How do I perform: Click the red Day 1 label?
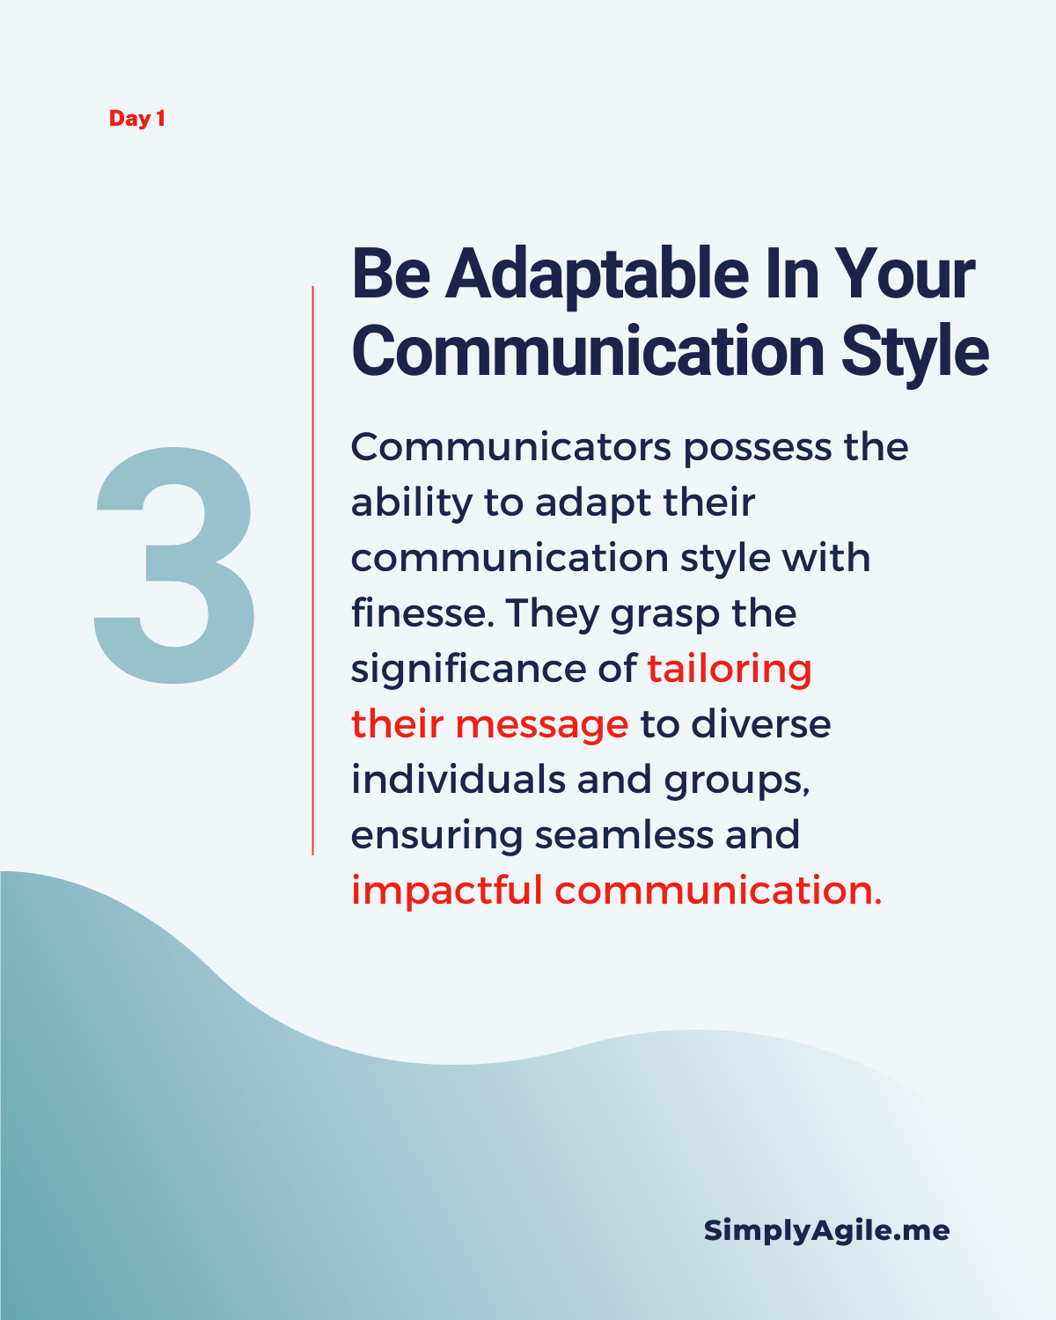click(136, 119)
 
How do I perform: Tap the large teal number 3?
click(175, 565)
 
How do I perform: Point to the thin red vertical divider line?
click(313, 570)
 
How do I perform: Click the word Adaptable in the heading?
click(597, 275)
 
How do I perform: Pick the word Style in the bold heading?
click(915, 352)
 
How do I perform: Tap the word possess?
click(758, 449)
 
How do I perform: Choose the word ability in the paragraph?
click(412, 503)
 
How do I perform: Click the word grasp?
click(665, 615)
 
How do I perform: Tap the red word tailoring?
click(730, 669)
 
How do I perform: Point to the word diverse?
click(761, 723)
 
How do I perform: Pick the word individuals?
click(458, 779)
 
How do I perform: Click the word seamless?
click(624, 835)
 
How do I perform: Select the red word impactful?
click(447, 891)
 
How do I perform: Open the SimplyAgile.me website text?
click(826, 1231)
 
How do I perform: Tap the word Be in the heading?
click(391, 274)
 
